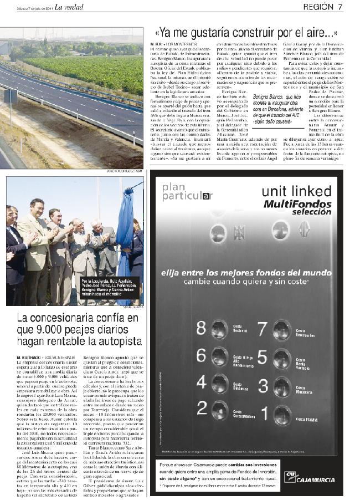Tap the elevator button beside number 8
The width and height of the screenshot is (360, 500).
(219, 330)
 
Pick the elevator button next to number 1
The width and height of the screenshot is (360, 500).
(282, 415)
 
